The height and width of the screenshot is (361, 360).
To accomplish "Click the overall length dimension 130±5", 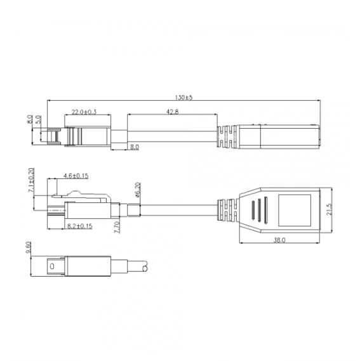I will click(184, 98).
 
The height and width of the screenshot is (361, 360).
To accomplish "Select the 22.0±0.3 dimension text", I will click(84, 112).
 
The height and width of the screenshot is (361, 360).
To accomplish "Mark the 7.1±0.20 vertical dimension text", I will click(31, 180).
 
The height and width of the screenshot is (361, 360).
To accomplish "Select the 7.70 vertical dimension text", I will click(116, 227).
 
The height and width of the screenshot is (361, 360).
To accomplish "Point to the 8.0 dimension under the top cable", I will click(135, 147).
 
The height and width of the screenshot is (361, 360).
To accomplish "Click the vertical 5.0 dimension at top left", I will click(39, 119).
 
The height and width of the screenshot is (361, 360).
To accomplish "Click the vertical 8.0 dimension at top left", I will click(30, 119).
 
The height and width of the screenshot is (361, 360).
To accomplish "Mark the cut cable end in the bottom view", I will click(147, 268).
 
